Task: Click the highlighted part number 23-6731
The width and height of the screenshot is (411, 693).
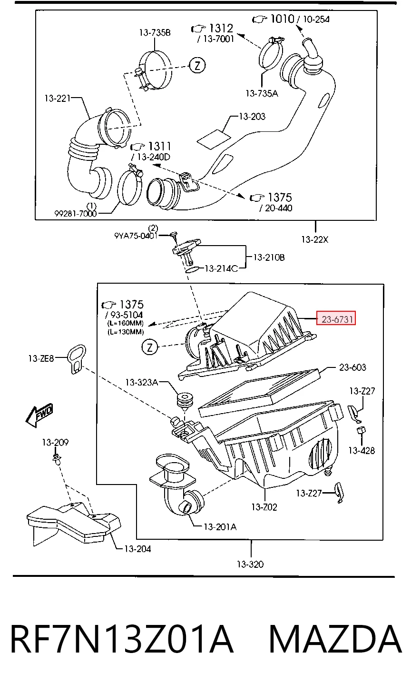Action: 336,318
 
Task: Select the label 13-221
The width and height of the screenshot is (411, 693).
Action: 58,99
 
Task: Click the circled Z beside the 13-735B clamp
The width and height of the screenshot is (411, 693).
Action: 197,65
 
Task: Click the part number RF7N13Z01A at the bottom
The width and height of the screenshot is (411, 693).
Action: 122,639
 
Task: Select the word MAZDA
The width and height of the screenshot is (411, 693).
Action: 335,639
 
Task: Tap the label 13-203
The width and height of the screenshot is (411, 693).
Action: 252,116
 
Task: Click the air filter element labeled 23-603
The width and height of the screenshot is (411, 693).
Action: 260,393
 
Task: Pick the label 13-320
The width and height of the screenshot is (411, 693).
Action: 250,564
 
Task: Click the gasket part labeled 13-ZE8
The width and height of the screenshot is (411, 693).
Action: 77,359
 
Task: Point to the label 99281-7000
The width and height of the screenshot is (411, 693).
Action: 76,213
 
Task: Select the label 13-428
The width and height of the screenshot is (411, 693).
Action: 362,450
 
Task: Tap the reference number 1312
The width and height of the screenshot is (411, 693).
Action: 221,28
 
